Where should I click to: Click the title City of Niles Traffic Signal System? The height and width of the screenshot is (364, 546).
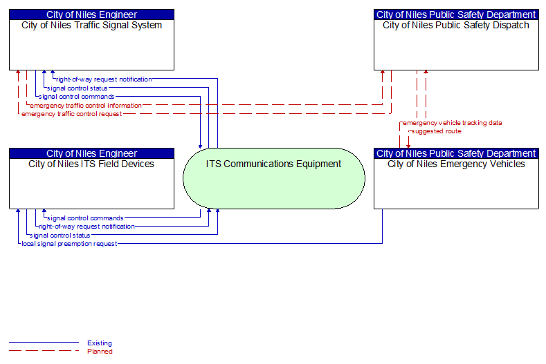(91, 26)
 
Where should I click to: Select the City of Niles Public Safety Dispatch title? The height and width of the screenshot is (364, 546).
(456, 26)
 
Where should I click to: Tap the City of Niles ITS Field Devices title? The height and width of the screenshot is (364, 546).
(91, 164)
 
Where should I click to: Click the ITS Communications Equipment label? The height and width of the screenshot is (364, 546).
(273, 164)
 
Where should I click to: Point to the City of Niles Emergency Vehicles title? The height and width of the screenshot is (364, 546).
(456, 164)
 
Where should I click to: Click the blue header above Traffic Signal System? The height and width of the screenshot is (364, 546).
(91, 15)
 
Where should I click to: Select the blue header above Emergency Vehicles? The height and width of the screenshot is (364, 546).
(456, 153)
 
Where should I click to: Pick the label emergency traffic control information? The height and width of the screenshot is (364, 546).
(86, 106)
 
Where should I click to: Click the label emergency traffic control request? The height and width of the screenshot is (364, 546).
(72, 114)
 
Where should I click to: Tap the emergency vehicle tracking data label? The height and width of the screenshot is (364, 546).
(453, 123)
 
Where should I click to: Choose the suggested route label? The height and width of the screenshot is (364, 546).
(436, 131)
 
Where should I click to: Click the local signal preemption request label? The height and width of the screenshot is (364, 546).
(69, 244)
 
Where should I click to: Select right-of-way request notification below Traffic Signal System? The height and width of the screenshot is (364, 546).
(104, 79)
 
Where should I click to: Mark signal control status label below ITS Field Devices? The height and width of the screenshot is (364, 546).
(60, 236)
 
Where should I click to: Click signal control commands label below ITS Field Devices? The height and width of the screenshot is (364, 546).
(85, 218)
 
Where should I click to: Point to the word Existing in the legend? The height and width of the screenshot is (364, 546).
(100, 343)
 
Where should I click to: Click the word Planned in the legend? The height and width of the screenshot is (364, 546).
(100, 352)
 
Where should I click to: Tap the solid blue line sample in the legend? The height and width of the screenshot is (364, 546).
(44, 343)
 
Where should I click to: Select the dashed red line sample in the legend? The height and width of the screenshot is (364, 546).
(44, 351)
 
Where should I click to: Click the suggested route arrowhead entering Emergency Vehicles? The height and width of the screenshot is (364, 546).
(408, 146)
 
